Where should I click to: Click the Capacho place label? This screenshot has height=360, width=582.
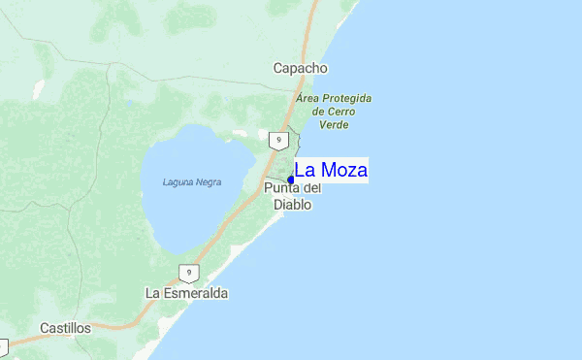tap(300, 68)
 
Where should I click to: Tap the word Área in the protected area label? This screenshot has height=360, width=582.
tap(308, 99)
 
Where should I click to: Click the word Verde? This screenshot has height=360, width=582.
tap(334, 124)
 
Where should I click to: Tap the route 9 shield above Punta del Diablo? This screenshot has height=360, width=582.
tap(278, 141)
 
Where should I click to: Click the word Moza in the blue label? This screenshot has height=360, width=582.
tap(343, 171)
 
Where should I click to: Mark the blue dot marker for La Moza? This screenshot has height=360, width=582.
tap(291, 180)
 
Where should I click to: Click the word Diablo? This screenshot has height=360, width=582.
tap(292, 205)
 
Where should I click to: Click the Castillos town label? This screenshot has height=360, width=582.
tap(65, 328)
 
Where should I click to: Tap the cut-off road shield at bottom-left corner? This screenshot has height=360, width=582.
tap(3, 345)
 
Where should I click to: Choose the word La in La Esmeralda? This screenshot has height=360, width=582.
tap(152, 292)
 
